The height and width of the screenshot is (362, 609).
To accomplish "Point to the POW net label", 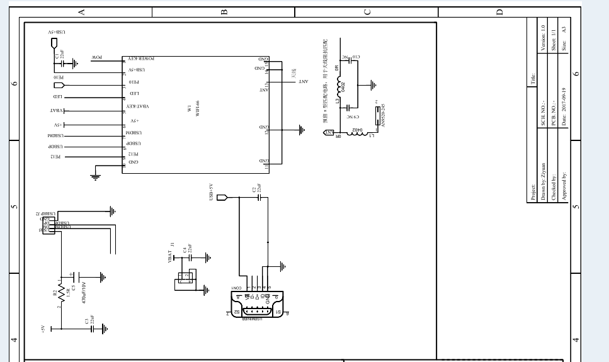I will (98, 58).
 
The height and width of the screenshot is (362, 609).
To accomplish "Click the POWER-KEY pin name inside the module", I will (142, 58).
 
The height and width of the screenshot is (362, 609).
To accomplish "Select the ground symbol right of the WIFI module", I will (301, 130).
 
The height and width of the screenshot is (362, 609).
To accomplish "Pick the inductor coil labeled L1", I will (360, 132).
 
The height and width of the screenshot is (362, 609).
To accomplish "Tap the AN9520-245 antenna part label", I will (384, 114).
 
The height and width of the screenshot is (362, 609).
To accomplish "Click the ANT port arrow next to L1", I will (328, 132).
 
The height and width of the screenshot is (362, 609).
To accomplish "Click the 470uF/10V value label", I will (83, 293).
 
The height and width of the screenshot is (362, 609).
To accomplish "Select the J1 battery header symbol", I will (185, 278).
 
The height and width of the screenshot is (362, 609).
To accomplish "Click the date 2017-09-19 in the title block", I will (564, 107).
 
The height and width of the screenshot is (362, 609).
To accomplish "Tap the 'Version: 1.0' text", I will (542, 37).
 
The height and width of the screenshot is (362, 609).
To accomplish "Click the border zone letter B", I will (224, 11).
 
